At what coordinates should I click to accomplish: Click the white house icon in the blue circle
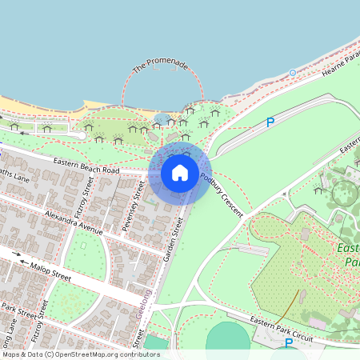click(180, 172)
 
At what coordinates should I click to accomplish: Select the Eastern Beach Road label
click(86, 166)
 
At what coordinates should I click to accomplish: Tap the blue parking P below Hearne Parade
click(270, 122)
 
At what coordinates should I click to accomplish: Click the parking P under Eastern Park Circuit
click(289, 343)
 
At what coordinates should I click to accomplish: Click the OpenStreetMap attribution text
click(81, 354)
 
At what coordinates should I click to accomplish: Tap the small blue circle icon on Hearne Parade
click(293, 73)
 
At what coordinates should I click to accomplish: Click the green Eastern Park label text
click(350, 254)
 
